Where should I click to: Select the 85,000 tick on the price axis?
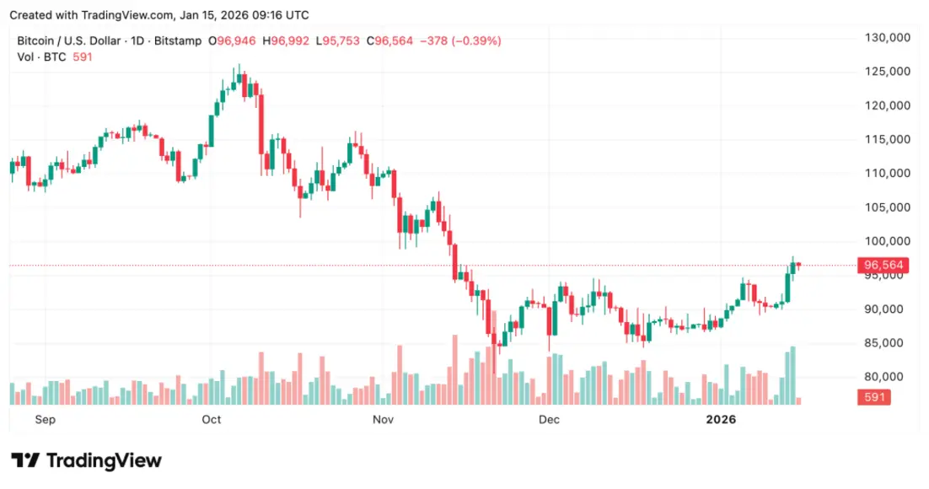(890, 343)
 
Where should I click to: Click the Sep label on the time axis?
(46, 419)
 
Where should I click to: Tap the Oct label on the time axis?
(212, 419)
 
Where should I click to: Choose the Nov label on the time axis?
(384, 419)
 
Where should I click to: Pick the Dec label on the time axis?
(550, 419)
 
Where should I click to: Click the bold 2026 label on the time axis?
(721, 419)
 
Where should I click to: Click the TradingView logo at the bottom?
(86, 460)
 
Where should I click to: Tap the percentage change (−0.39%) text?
(478, 40)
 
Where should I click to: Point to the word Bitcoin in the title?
(38, 40)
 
